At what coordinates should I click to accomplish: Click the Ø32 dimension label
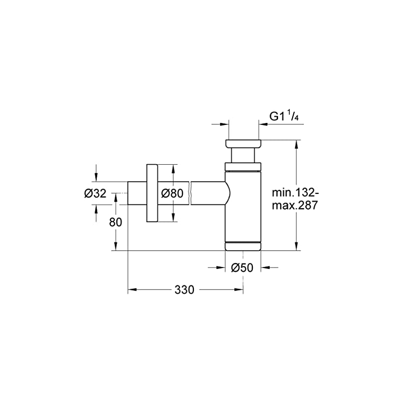[95, 193]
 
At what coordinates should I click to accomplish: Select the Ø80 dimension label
[172, 193]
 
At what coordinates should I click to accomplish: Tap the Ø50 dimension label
[242, 268]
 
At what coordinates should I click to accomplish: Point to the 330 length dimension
[184, 290]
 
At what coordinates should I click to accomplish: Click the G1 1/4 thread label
[284, 116]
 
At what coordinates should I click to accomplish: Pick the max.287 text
[295, 206]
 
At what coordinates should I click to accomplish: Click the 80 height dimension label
[115, 222]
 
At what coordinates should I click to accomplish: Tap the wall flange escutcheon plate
[152, 193]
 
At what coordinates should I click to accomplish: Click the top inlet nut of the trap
[243, 144]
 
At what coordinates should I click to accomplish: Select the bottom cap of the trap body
[243, 246]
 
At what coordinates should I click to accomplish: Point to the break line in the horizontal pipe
[190, 193]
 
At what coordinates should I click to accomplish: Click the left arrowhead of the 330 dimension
[131, 290]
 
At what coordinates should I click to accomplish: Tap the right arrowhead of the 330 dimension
[240, 290]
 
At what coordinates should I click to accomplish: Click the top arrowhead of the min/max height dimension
[297, 144]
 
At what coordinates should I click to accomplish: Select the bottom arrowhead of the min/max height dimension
[297, 246]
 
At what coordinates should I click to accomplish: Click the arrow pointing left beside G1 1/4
[281, 124]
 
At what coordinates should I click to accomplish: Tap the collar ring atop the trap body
[243, 167]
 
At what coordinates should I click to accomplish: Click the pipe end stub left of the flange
[137, 193]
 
